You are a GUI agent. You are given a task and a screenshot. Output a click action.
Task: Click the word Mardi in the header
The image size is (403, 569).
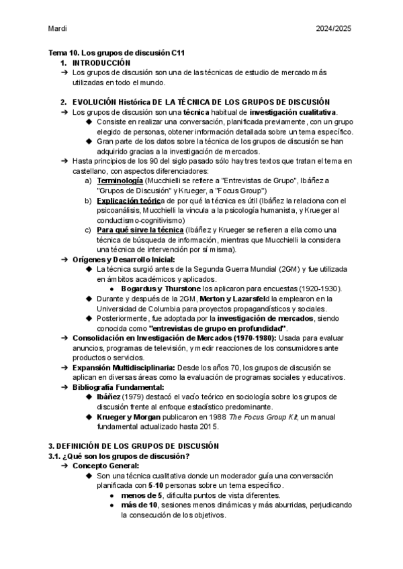click(x=58, y=29)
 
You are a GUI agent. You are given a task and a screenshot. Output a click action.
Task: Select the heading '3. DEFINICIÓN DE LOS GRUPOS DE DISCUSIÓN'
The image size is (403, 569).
click(x=134, y=446)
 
